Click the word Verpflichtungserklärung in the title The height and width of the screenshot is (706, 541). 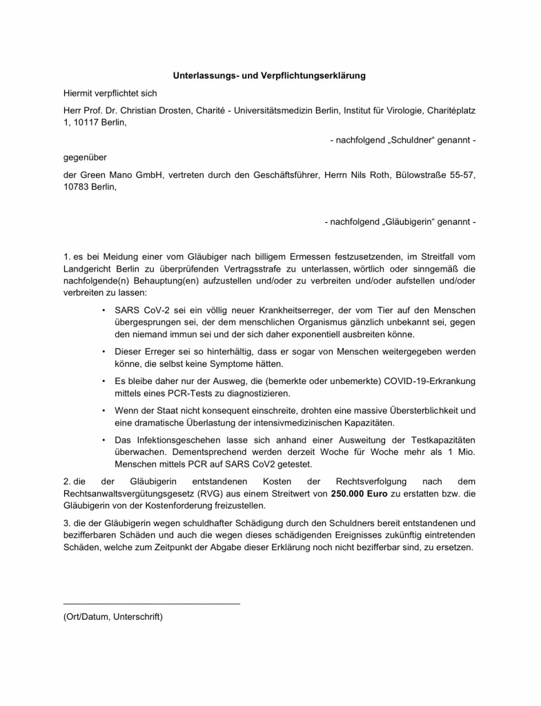click(313, 74)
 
